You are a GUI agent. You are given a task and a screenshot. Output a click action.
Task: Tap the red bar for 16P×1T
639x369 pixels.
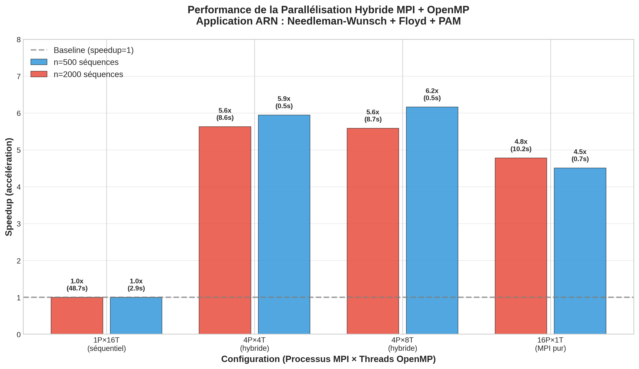[x=521, y=246]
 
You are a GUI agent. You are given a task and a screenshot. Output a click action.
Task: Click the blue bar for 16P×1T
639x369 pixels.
[x=580, y=251]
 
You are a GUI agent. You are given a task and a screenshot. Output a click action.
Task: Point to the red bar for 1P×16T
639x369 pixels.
[x=77, y=316]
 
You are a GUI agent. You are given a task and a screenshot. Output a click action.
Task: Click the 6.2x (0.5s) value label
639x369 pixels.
[x=432, y=94]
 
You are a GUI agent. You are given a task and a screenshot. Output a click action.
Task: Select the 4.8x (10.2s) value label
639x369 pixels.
[x=521, y=145]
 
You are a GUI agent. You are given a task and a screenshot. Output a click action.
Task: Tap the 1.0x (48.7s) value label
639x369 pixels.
[x=77, y=285]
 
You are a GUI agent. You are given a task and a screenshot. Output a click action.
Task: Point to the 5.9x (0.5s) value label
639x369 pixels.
[x=284, y=102]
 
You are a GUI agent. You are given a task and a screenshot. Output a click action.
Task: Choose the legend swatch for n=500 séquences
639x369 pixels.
[x=39, y=62]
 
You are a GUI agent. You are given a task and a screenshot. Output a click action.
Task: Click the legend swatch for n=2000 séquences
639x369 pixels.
[x=39, y=74]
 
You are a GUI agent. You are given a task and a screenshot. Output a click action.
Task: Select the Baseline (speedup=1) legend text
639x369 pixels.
[x=94, y=50]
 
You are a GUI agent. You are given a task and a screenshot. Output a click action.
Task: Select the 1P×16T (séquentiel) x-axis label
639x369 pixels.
[x=106, y=344]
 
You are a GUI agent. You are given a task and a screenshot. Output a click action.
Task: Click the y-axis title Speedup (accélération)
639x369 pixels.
[x=9, y=187]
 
